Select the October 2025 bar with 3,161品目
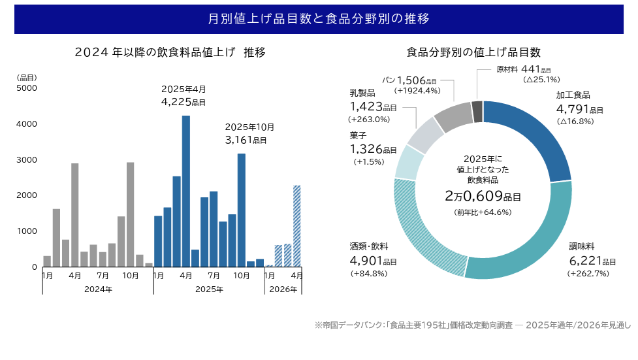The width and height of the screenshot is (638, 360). coord(242,210)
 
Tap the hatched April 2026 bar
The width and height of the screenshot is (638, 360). coord(297,225)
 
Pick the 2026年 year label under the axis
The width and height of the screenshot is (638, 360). coord(283,289)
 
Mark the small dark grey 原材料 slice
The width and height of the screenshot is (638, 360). coord(477,111)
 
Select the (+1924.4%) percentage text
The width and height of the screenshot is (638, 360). coord(418,91)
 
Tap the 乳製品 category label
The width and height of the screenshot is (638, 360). coord(362,93)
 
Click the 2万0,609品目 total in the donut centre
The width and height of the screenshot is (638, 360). coord(483,195)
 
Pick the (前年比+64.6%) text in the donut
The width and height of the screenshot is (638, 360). coord(483,212)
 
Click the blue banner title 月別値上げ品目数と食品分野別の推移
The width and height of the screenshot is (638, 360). coord(319,19)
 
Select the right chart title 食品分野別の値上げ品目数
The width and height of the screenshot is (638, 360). coord(473,52)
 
